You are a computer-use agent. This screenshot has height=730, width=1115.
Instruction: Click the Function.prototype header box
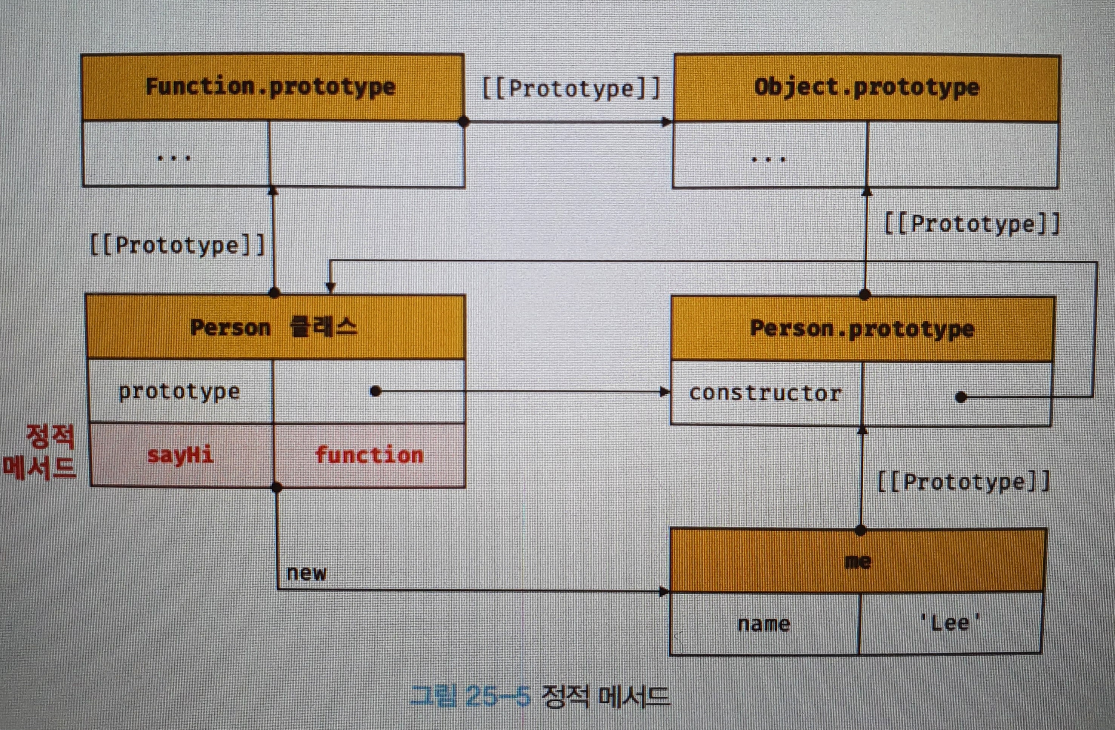pyautogui.click(x=273, y=88)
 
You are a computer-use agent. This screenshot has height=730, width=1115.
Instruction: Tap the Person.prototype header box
pyautogui.click(x=862, y=329)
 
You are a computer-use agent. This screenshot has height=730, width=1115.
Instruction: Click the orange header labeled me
pyautogui.click(x=857, y=561)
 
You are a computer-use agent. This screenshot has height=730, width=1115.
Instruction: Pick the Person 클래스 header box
pyautogui.click(x=275, y=327)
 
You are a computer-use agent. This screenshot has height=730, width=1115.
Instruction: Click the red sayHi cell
pyautogui.click(x=180, y=455)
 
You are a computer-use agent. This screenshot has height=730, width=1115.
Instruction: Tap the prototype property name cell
pyautogui.click(x=180, y=391)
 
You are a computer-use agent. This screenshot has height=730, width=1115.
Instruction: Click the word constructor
pyautogui.click(x=765, y=393)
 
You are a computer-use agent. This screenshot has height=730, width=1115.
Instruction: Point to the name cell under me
pyautogui.click(x=764, y=624)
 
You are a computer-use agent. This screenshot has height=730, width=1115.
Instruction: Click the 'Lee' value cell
pyautogui.click(x=950, y=623)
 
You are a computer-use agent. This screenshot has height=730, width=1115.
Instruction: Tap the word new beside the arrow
pyautogui.click(x=306, y=573)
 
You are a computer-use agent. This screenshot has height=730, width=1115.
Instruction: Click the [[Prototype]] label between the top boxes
pyautogui.click(x=571, y=88)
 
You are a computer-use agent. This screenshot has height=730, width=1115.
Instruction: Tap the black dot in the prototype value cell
pyautogui.click(x=375, y=391)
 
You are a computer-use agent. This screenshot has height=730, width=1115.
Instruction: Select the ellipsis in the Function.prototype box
pyautogui.click(x=174, y=158)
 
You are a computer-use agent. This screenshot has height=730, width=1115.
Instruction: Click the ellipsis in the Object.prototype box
pyautogui.click(x=768, y=159)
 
